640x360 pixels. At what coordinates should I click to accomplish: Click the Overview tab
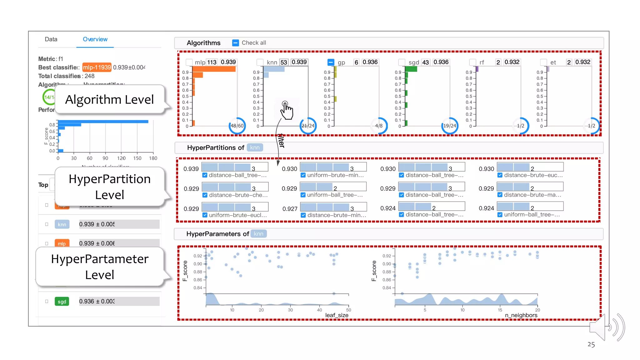coord(95,39)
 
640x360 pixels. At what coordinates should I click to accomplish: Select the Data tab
coord(51,39)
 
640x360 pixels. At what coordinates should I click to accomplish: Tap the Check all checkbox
coord(236,43)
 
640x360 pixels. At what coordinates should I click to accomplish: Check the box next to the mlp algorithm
coord(189,62)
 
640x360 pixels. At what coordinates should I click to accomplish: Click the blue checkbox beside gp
coord(331,62)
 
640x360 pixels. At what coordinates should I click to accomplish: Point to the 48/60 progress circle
coord(237,126)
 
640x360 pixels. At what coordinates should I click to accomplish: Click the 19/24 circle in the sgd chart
coord(450,126)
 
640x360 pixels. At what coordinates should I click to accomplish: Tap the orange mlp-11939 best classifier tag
coord(97,67)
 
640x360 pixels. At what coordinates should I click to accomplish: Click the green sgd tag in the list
coord(62,301)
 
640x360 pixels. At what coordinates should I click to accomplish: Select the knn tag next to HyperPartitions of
coord(255,147)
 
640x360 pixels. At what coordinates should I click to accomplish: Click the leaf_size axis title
coord(337,315)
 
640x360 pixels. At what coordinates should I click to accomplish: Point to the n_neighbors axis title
coord(521,315)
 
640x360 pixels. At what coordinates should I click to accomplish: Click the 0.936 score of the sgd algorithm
coord(441,62)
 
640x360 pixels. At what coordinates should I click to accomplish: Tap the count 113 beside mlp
coord(212,62)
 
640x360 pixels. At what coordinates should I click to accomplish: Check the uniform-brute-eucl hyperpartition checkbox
coord(205,215)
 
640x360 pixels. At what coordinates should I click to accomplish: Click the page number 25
coord(591,344)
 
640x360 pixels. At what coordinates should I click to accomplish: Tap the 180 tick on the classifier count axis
coord(153,158)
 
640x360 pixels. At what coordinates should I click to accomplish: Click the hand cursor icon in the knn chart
coord(286,110)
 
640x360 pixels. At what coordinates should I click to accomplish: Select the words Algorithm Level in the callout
coord(109,99)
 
